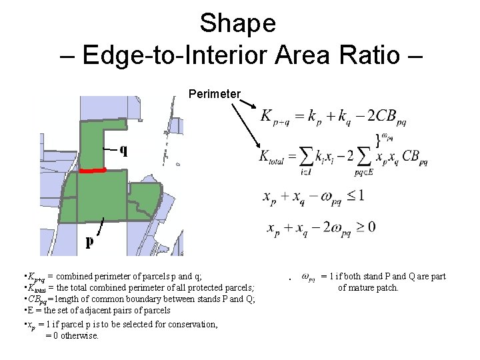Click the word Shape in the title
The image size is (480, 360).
237,23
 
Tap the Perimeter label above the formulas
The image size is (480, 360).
214,94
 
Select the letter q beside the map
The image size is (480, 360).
123,149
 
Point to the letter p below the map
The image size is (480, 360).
89,243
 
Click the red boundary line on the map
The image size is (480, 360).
93,171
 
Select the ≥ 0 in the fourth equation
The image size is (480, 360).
363,227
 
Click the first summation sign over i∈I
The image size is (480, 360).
307,157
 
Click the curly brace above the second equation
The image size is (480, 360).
379,139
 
